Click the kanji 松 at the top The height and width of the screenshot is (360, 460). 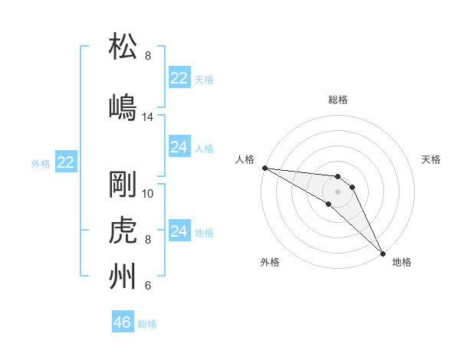[x=124, y=47]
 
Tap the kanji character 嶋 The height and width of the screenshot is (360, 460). [x=124, y=108]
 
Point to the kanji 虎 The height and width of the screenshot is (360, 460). [x=124, y=231]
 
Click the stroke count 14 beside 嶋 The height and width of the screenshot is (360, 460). [x=148, y=117]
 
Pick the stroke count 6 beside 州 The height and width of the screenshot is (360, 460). [x=148, y=286]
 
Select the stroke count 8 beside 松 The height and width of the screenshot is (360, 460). [x=148, y=56]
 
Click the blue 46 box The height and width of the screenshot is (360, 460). [x=123, y=322]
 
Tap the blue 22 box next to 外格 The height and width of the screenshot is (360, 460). [x=66, y=162]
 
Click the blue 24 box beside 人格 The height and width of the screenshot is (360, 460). [x=179, y=147]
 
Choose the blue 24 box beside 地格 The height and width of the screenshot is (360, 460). [x=179, y=231]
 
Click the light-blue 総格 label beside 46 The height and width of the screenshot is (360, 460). [x=147, y=324]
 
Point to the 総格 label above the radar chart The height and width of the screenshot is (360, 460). [x=338, y=100]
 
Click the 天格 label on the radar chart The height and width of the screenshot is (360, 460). [x=432, y=159]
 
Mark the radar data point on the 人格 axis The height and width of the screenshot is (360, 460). [x=264, y=168]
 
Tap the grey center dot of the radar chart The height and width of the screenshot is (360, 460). [x=338, y=191]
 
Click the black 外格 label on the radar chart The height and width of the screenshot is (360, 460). [x=270, y=263]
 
